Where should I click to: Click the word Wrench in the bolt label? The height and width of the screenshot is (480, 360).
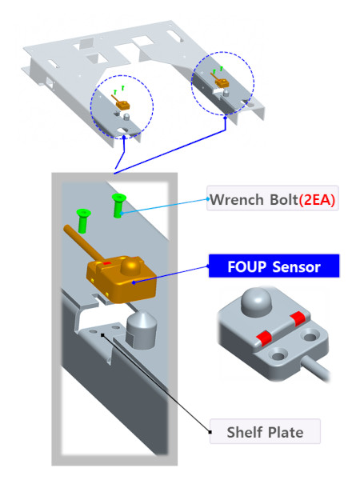click(x=237, y=199)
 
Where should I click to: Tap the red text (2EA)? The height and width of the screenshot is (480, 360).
click(x=317, y=200)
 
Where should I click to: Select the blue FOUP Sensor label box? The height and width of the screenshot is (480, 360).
click(x=274, y=266)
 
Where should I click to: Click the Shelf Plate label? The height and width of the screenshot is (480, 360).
click(x=265, y=432)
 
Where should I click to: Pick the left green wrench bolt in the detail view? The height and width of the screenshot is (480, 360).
click(x=83, y=221)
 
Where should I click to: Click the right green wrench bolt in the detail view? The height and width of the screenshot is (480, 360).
click(x=118, y=206)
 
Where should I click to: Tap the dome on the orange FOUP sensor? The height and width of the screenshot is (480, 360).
click(x=130, y=266)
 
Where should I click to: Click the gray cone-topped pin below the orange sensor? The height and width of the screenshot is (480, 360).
click(x=142, y=330)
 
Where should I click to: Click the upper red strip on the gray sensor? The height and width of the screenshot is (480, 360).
click(x=298, y=318)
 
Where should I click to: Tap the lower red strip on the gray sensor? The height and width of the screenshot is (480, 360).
click(x=264, y=338)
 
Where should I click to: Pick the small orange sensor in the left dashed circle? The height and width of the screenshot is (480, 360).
click(x=122, y=104)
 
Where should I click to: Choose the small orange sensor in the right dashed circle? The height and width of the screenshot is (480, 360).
click(x=222, y=82)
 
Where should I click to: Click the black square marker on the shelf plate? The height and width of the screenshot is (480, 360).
click(x=102, y=335)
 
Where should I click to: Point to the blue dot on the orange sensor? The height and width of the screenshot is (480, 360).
click(x=134, y=282)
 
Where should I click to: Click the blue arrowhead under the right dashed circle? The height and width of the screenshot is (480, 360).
click(x=226, y=118)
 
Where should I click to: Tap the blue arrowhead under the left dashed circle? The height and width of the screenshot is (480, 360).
click(x=124, y=138)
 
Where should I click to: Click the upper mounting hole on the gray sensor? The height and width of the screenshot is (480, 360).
click(x=310, y=337)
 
